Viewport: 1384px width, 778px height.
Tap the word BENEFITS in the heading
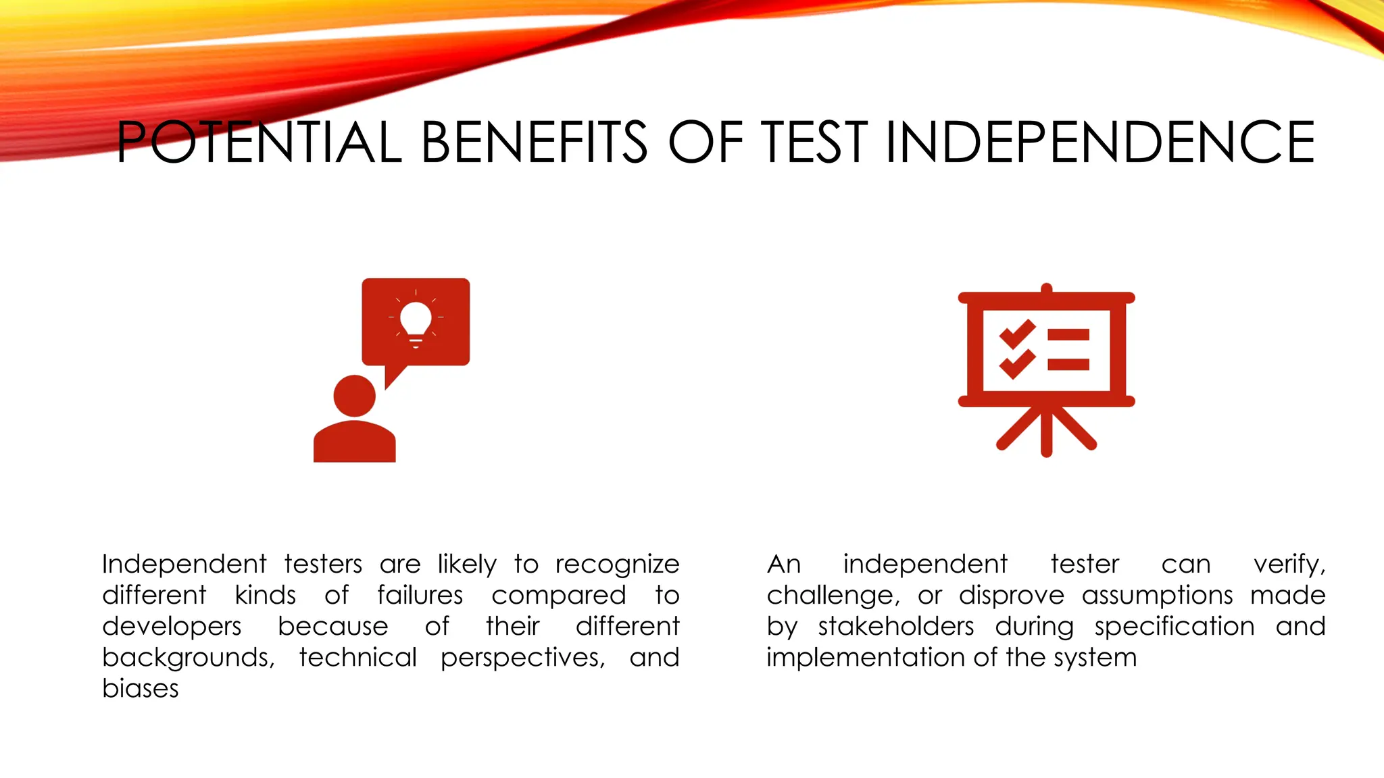click(x=534, y=142)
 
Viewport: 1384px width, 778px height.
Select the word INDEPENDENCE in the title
click(x=1099, y=142)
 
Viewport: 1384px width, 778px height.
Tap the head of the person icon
click(x=354, y=396)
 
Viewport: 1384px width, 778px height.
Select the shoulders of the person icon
click(x=354, y=442)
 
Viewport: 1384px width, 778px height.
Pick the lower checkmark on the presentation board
click(x=1017, y=364)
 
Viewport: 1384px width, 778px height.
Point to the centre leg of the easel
click(x=1046, y=432)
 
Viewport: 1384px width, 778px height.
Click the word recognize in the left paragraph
click(x=617, y=565)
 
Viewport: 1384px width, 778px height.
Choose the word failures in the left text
click(x=420, y=596)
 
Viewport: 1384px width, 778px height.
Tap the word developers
click(x=172, y=627)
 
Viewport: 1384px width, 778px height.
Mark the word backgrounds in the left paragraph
click(x=188, y=658)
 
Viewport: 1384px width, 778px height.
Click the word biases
click(x=141, y=689)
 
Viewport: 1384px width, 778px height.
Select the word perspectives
click(x=522, y=658)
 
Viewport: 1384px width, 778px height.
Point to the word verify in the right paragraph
click(x=1289, y=565)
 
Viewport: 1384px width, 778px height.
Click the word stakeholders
click(x=896, y=627)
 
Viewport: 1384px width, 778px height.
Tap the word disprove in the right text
click(x=1011, y=596)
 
